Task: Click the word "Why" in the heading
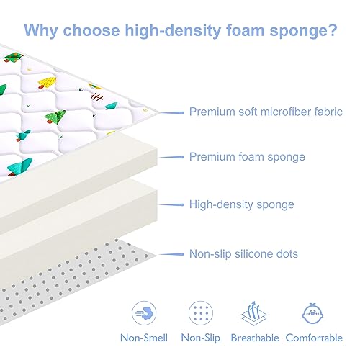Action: [x=41, y=31]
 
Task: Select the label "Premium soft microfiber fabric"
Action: [x=266, y=112]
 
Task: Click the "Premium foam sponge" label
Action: [x=247, y=157]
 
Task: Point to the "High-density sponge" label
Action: [x=242, y=204]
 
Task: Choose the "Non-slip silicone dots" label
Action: [x=243, y=254]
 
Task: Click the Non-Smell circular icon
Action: [x=144, y=313]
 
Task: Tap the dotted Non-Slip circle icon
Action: [x=201, y=313]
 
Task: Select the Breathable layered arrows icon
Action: [x=254, y=313]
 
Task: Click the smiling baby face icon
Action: [x=312, y=313]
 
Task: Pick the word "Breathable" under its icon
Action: [x=255, y=338]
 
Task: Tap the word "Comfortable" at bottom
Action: [x=314, y=338]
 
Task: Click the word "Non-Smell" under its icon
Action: [x=144, y=338]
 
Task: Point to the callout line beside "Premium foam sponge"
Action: [x=171, y=157]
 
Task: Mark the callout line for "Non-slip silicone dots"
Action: [x=171, y=254]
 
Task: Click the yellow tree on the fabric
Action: [x=47, y=83]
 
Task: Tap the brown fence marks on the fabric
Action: [x=97, y=97]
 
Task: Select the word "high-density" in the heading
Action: [x=173, y=31]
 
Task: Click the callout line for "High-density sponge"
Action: [x=171, y=205]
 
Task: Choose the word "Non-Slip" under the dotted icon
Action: [x=201, y=338]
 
